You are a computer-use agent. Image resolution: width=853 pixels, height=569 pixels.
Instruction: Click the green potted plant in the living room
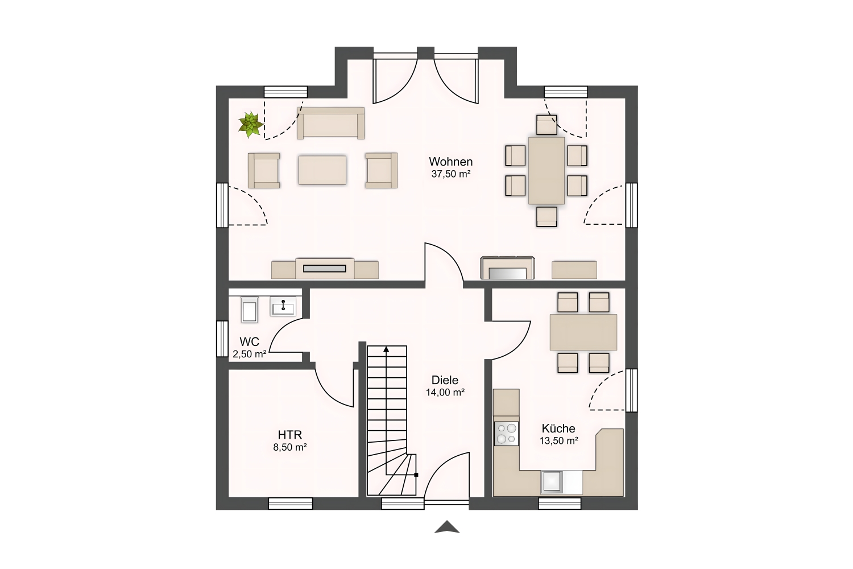tap(250, 124)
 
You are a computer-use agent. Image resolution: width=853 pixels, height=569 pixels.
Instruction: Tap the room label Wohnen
tap(450, 162)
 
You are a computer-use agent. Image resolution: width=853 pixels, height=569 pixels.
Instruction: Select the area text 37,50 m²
tap(450, 174)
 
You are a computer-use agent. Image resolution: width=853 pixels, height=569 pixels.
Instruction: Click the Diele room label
tap(445, 380)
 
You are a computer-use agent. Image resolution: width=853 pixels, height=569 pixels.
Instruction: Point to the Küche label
tap(558, 428)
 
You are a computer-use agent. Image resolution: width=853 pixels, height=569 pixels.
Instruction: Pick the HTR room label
tap(290, 435)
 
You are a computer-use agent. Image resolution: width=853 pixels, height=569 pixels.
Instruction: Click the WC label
tap(250, 341)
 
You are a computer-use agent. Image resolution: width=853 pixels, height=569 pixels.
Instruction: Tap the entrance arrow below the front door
tap(446, 527)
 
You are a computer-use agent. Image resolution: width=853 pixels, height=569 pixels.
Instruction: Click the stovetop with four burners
tap(506, 434)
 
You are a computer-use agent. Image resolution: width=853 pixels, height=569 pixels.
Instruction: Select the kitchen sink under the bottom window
tap(552, 482)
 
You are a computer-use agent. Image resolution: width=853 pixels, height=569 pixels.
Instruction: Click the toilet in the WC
tap(250, 310)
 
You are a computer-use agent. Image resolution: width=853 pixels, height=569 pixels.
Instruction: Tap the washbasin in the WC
tap(283, 307)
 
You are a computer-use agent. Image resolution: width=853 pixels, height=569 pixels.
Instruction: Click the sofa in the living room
tap(330, 123)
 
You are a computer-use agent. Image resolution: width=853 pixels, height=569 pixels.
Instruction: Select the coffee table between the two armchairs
tap(322, 170)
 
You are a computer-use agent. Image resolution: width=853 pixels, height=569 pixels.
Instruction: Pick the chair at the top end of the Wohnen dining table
tap(546, 125)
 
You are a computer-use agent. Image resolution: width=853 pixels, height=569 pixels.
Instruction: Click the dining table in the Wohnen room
tap(546, 171)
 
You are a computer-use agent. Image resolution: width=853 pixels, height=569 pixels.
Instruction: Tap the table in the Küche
tap(583, 332)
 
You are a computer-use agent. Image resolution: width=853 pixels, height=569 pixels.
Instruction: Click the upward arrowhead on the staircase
tap(387, 349)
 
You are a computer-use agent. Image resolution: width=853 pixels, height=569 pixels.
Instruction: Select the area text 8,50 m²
tap(290, 447)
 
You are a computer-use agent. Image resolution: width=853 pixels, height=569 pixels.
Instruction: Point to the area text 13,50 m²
tap(558, 441)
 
